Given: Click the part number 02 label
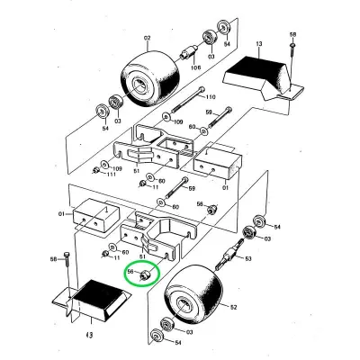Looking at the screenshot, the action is tap(148, 38).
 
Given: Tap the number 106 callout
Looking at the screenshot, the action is tap(195, 67).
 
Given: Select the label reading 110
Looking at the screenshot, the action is tap(211, 97).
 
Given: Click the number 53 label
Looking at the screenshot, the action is tap(248, 258).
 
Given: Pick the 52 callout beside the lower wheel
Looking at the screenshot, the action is tap(233, 307).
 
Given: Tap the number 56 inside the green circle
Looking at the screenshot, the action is tap(130, 272).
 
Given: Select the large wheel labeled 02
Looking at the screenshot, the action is tap(150, 77).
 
